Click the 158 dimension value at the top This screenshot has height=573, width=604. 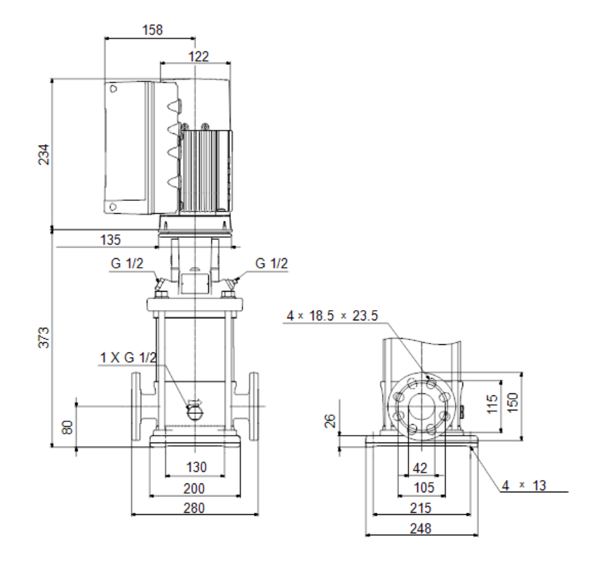coord(152,29)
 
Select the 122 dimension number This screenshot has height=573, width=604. coord(198,57)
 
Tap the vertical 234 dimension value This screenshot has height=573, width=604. coord(44,154)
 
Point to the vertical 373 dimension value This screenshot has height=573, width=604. coord(44,337)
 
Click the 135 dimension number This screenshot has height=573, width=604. coord(111,240)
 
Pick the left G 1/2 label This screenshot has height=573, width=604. coord(126,264)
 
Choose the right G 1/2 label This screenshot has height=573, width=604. coord(271,264)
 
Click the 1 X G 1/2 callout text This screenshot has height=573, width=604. coord(128,358)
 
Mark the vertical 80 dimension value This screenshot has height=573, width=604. coord(68,428)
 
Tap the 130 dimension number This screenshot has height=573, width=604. coord(197,467)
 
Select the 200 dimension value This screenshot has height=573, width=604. coord(194,488)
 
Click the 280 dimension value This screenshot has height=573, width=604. coord(194,508)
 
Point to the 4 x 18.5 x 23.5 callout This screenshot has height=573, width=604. coord(333,316)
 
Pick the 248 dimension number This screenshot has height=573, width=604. coord(420,529)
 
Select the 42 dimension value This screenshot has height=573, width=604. coord(420,469)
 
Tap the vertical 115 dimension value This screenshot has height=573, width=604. coord(493,404)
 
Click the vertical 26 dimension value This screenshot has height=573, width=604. coord(330,421)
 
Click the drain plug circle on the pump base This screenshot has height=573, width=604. coord(195,413)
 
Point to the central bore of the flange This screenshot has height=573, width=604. coord(422,406)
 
